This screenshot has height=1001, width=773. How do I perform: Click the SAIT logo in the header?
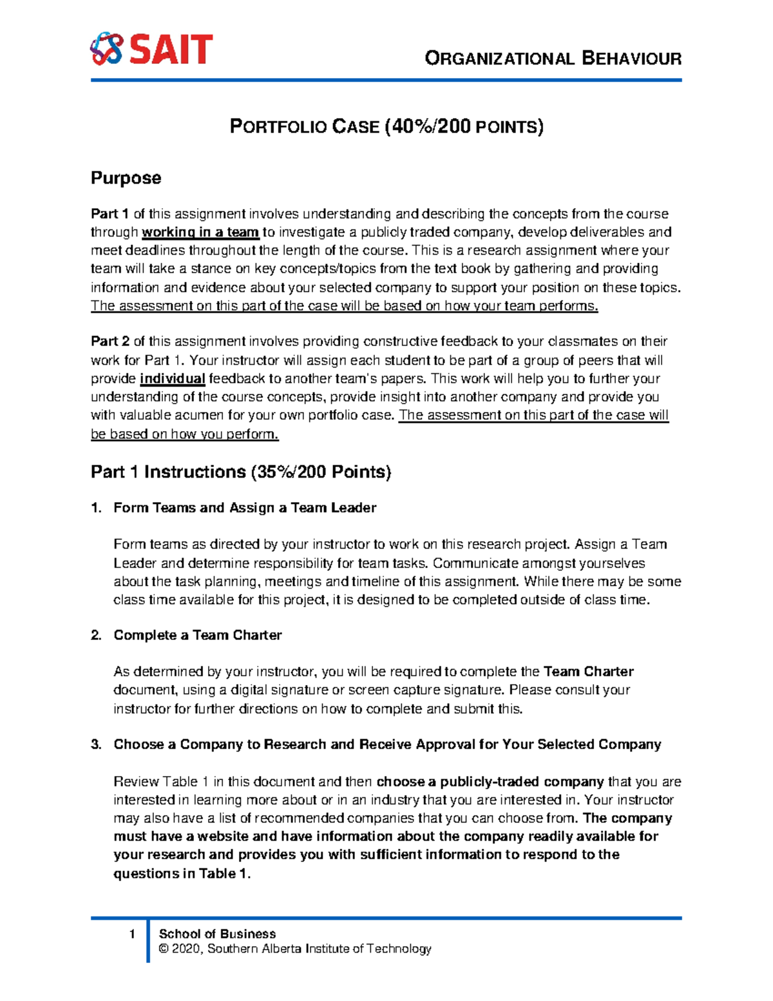coord(151,50)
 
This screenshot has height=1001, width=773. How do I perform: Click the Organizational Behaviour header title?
coord(553,59)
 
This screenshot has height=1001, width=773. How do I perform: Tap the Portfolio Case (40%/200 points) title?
coord(386,126)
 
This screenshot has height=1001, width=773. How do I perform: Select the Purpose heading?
coord(126,178)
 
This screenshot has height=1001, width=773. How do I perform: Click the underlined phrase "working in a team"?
coord(200,232)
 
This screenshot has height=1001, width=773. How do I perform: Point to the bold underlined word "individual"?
coord(173,379)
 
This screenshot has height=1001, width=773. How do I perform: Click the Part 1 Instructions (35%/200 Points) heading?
coord(241,472)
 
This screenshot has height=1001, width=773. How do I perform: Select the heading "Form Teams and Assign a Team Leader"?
coord(245,508)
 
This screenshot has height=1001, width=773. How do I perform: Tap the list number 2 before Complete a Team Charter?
coord(96,636)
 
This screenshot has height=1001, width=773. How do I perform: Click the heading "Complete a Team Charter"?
coord(198,636)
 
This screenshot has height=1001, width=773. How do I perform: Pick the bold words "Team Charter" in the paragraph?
coord(589,672)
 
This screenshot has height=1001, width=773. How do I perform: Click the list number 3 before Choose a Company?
coord(96,745)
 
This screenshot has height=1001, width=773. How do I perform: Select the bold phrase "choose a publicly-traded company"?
coord(490,782)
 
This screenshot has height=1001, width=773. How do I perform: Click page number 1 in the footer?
coord(132,934)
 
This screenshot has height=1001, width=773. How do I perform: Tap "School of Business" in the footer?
coord(217,934)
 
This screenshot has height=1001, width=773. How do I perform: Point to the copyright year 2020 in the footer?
coord(186,949)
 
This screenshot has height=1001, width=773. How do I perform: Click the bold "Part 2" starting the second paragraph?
coord(110,342)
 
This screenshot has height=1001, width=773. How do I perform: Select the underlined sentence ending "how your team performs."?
coord(344,306)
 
